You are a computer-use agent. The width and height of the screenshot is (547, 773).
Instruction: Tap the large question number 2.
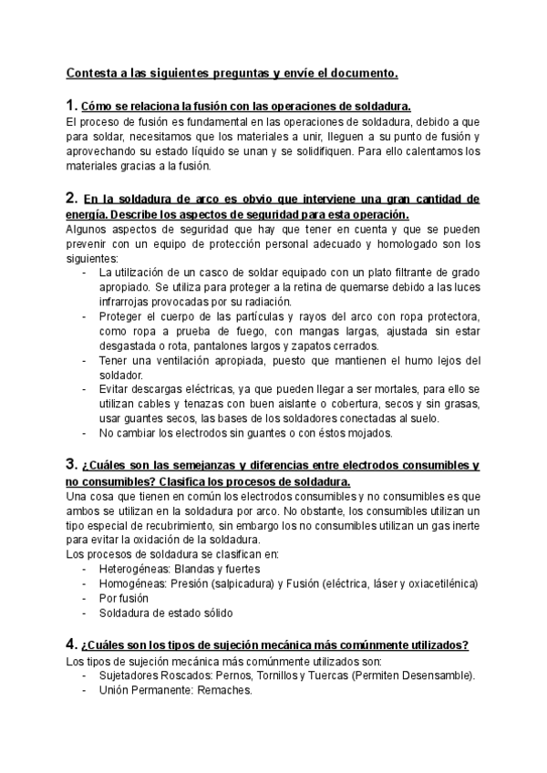(72, 197)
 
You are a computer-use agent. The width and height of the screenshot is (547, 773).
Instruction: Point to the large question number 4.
(72, 644)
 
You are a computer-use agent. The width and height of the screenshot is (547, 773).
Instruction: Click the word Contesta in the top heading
(92, 72)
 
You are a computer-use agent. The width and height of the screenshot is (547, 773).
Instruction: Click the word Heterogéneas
(139, 568)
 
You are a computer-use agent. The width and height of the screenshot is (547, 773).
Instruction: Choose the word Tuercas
(338, 675)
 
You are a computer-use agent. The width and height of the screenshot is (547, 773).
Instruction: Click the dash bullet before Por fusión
(85, 598)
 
